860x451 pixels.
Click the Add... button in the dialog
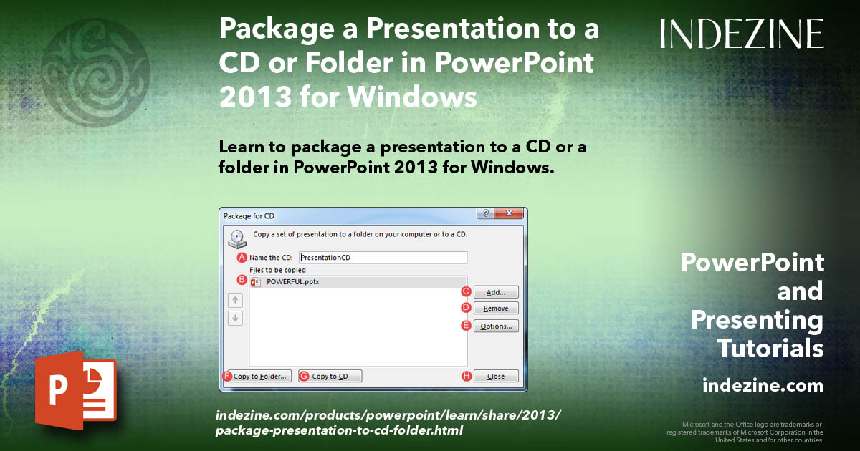496,292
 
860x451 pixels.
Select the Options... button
496,326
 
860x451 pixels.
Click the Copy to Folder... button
259,377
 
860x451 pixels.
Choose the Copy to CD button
330,377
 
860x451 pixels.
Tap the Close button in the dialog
496,377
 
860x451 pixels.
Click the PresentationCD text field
383,258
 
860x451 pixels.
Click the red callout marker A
242,258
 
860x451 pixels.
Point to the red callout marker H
467,377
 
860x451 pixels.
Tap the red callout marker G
304,377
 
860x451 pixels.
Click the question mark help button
487,214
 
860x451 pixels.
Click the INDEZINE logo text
742,34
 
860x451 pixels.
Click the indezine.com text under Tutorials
763,386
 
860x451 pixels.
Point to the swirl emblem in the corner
97,61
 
